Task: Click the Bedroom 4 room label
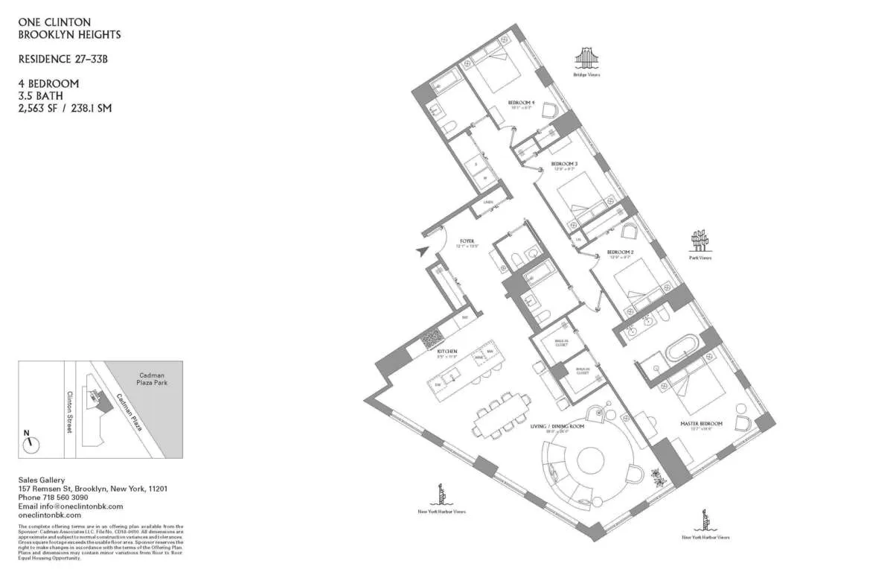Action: point(522,103)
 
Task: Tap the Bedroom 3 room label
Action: point(564,164)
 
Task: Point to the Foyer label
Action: point(467,241)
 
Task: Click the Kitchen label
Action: point(447,351)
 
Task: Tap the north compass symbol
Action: point(31,442)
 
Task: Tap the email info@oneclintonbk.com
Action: point(70,506)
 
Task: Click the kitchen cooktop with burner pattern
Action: point(432,340)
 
